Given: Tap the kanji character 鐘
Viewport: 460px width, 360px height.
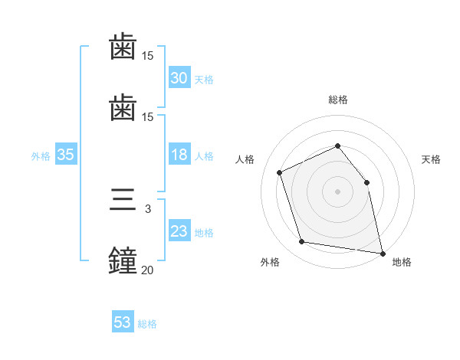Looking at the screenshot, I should (x=123, y=259).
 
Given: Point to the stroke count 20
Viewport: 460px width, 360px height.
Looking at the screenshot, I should (x=147, y=270).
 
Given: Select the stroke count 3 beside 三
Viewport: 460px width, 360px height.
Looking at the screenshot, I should (x=148, y=208).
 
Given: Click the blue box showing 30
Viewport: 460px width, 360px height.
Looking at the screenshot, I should (x=179, y=77).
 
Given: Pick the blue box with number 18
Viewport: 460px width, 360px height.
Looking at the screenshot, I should (x=179, y=155).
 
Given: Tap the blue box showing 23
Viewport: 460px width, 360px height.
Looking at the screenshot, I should (x=179, y=231).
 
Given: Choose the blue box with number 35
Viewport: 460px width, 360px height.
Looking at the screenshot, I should (x=65, y=155).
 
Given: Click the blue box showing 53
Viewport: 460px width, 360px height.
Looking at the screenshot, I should (x=123, y=322).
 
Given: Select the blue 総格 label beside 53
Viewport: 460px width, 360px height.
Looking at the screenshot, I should (x=147, y=324).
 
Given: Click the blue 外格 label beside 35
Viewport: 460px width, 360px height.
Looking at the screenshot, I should (x=41, y=155).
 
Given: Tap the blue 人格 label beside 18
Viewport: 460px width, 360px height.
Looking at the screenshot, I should (x=204, y=155).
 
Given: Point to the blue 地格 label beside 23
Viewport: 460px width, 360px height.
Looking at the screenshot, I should (x=204, y=232).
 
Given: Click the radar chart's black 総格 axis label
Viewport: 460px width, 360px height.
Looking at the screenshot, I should (x=338, y=100).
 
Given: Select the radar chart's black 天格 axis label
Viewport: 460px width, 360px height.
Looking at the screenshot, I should (x=431, y=159).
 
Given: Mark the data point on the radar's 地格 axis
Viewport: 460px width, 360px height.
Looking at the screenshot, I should (x=382, y=252).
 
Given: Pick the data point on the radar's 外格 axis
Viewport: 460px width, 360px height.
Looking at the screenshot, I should (x=302, y=242).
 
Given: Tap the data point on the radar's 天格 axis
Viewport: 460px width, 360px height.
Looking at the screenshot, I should (x=366, y=182).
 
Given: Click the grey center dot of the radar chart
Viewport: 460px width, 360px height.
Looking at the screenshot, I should (x=338, y=191).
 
